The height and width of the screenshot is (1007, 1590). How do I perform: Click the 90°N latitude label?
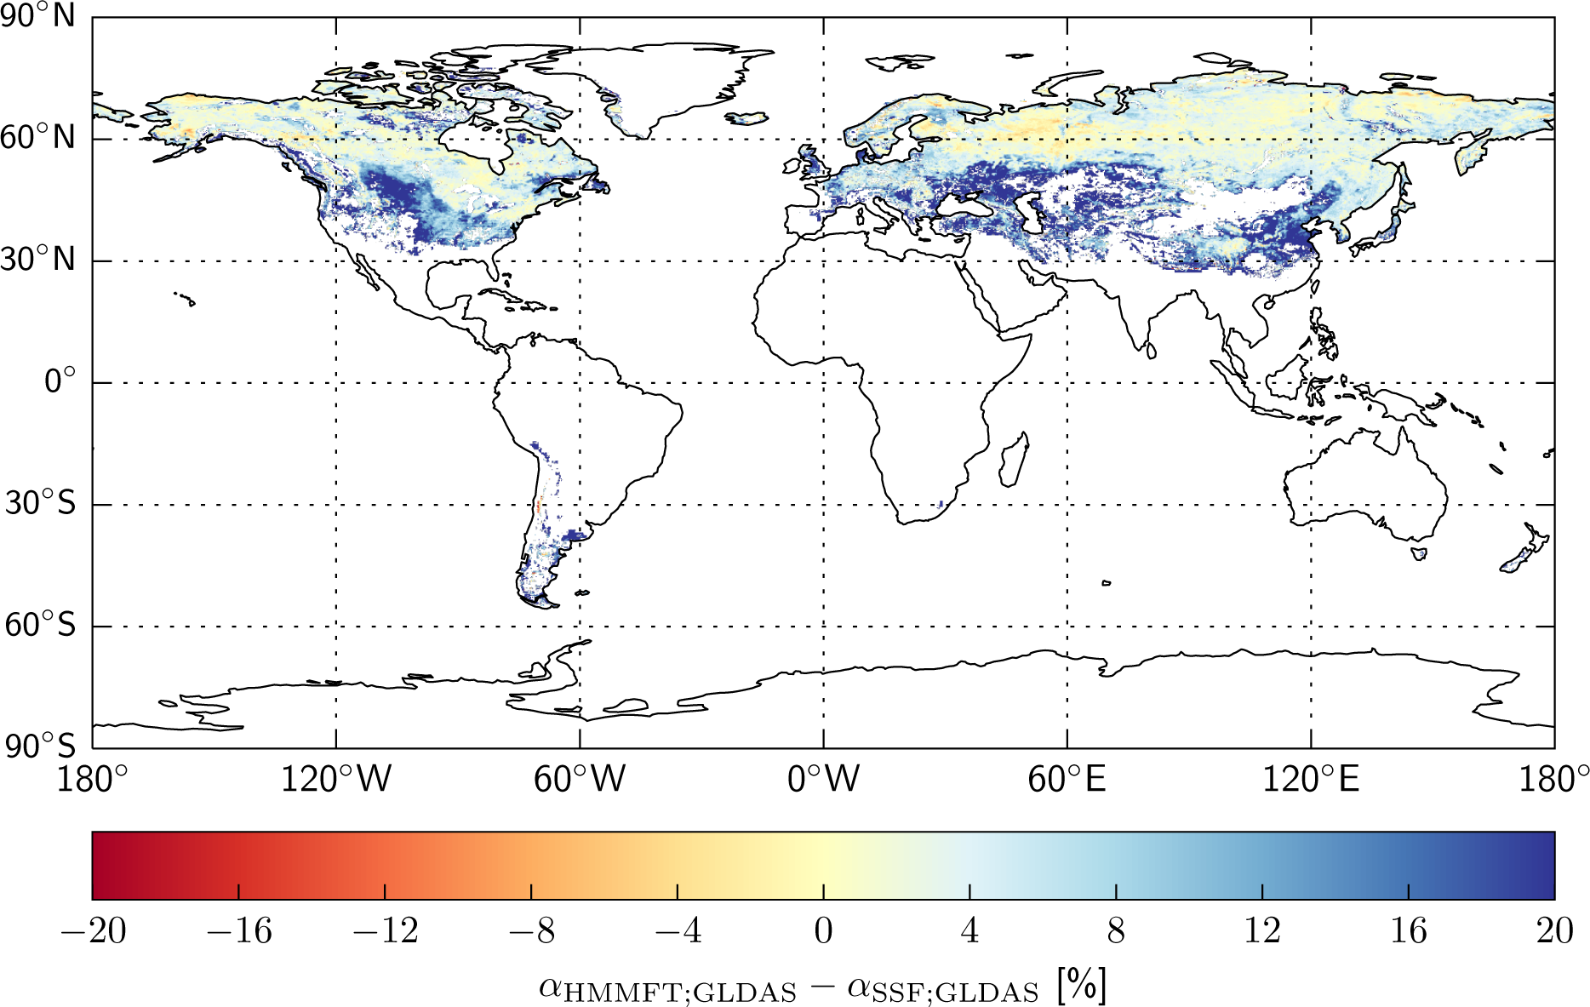point(38,15)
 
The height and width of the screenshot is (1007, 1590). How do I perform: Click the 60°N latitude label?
point(38,137)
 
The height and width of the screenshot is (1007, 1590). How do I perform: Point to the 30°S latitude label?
point(40,503)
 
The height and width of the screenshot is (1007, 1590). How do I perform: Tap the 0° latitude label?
point(60,380)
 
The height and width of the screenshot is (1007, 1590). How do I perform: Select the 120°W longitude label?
point(336,779)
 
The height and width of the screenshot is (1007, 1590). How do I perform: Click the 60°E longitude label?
point(1067,779)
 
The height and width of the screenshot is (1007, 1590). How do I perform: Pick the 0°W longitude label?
point(823,779)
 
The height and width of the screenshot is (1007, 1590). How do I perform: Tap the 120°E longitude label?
point(1311,779)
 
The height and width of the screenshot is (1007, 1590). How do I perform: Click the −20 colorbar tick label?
point(93,931)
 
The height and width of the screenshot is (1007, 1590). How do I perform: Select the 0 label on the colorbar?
point(823,931)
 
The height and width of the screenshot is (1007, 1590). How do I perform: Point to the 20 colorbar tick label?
point(1554,931)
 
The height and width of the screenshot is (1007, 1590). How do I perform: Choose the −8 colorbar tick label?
point(531,931)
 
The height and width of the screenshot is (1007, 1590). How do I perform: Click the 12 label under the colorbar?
point(1262,931)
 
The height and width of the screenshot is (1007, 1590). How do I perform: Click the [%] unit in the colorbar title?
point(1082,987)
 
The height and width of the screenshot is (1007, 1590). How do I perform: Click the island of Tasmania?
point(1419,553)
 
